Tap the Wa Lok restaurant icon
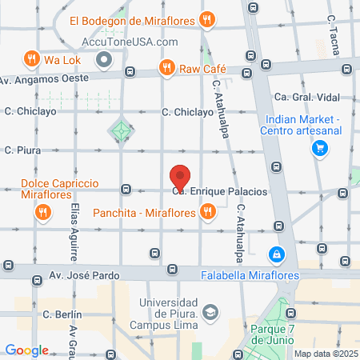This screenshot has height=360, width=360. tap(31, 58)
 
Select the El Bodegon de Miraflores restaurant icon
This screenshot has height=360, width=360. tap(207, 18)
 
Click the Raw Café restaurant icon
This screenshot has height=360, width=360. tap(167, 69)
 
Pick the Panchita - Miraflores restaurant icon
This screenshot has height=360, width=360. tap(207, 212)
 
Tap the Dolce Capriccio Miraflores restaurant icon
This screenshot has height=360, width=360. tap(41, 212)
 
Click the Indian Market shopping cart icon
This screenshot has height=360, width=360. tap(319, 148)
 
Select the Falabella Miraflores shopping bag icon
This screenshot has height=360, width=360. tap(276, 254)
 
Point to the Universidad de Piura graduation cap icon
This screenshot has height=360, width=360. tap(210, 311)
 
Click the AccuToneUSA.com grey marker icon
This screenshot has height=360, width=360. tap(103, 60)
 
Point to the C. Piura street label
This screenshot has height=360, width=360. tap(22, 150)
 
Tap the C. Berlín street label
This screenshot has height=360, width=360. tap(58, 314)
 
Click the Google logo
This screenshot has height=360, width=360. tap(26, 350)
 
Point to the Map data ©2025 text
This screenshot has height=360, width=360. tap(325, 353)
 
